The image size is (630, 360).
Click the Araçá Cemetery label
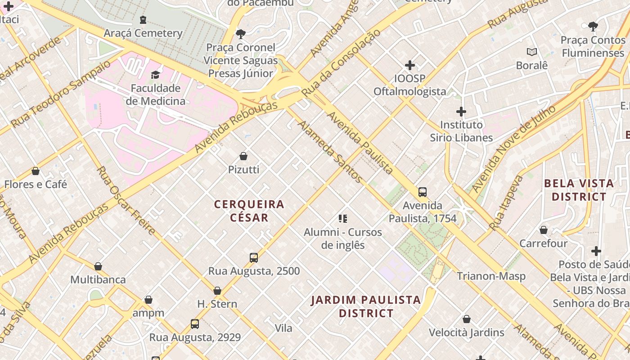(143, 33)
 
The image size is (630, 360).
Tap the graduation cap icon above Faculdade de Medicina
(156, 75)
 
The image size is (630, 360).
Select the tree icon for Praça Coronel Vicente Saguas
(241, 34)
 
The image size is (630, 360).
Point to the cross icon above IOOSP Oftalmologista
(409, 65)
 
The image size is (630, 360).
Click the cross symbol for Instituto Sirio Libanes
(461, 112)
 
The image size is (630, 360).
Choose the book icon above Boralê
(532, 52)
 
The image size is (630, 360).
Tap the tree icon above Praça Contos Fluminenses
(593, 27)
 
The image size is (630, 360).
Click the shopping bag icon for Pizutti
(243, 156)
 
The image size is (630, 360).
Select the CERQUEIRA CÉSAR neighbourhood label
(249, 211)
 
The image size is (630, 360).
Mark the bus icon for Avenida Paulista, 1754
(423, 192)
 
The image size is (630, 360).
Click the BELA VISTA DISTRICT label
(579, 190)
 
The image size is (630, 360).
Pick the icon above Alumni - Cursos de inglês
(343, 219)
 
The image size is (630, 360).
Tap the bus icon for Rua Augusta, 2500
(254, 258)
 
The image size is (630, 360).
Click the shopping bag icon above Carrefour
(544, 230)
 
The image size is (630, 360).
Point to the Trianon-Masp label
(491, 276)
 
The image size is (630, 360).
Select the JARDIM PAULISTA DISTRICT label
(366, 306)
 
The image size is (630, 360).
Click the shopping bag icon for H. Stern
(217, 291)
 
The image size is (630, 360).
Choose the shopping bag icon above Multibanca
(98, 266)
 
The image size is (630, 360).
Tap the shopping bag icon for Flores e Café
(36, 171)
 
